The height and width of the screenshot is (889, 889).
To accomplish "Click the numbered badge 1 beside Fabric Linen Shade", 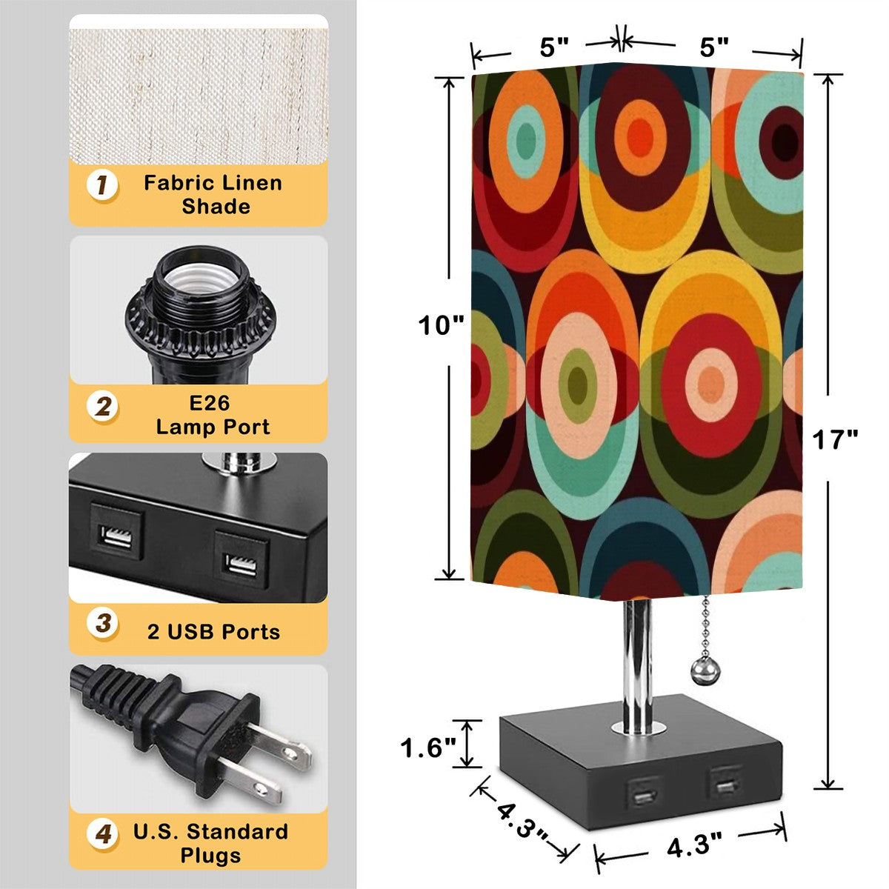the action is (x=102, y=185).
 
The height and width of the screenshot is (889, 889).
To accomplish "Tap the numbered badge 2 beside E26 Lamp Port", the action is (x=102, y=407).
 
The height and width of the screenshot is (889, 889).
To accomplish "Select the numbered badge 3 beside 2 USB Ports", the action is (x=102, y=623).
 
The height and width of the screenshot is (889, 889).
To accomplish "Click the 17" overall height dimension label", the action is (x=835, y=439).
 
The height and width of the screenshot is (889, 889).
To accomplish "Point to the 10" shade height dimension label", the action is (x=441, y=325).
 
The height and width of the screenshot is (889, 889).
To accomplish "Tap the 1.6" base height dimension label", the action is (x=428, y=748).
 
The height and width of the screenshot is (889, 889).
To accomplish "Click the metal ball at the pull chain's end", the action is (x=702, y=668).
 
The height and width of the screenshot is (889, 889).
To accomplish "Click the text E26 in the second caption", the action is (x=209, y=403).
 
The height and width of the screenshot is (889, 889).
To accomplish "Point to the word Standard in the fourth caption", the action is (x=237, y=832).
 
